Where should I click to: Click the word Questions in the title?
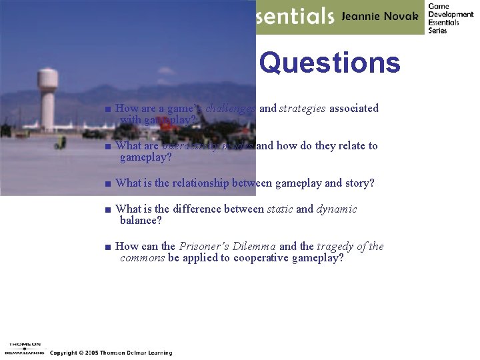coord(329,63)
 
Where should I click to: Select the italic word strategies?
coord(302,108)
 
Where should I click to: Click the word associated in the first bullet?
coord(353,108)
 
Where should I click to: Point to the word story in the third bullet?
coord(359,183)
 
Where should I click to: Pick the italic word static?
coord(279,209)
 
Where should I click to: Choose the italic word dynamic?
coord(337,209)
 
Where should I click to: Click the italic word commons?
coord(142,258)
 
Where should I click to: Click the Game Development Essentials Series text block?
coord(451,18)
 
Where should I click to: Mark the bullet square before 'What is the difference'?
coord(107,210)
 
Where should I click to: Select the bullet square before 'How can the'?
coord(107,247)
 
